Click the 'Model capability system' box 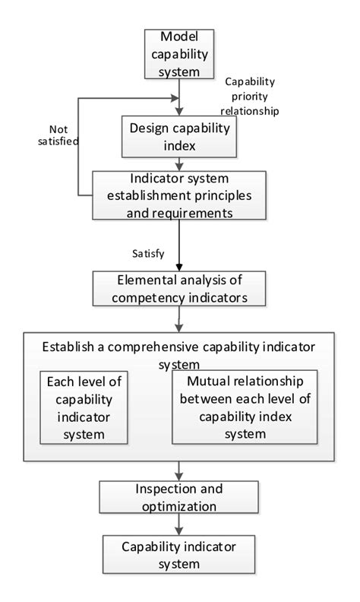179,53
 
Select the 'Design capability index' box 179,135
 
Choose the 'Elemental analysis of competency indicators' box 179,287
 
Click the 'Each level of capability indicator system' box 85,407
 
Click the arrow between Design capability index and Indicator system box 179,163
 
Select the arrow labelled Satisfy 179,245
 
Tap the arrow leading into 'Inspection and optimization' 179,471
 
